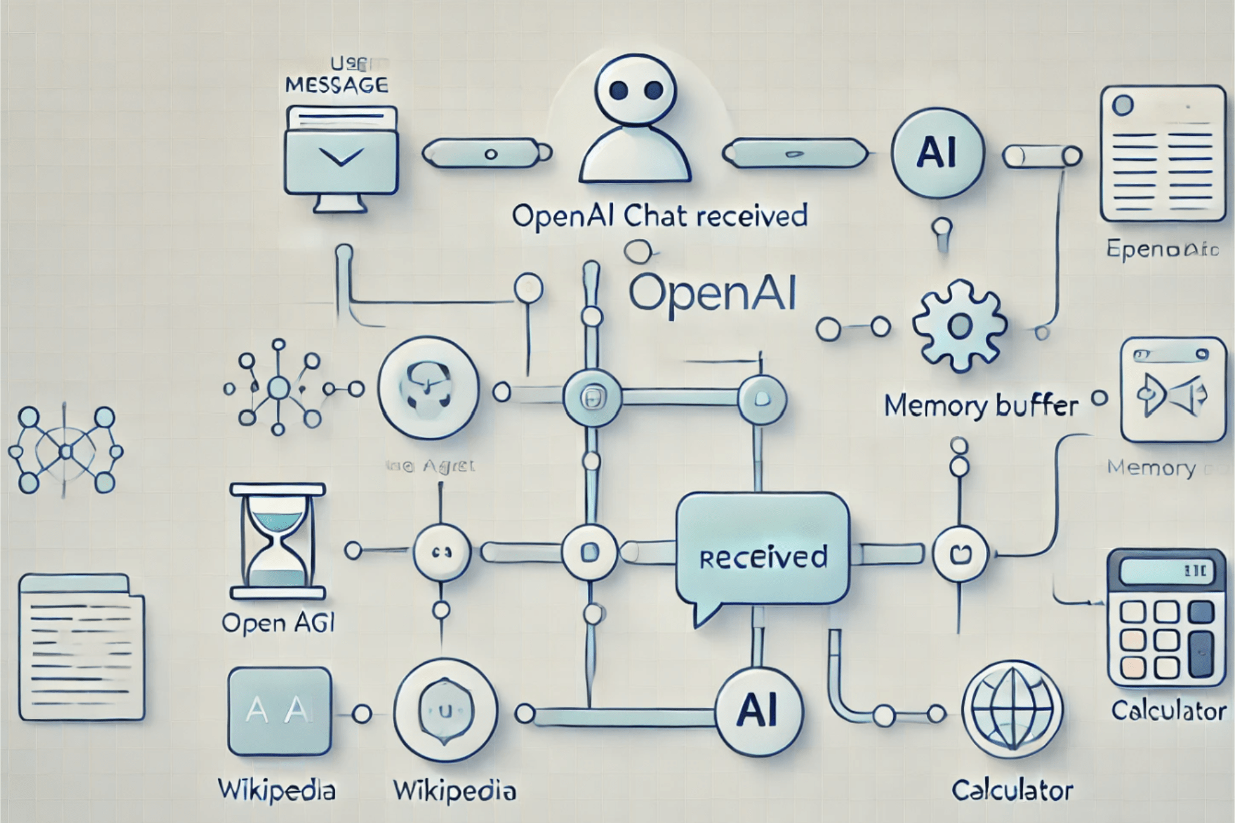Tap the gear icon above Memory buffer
pos(959,326)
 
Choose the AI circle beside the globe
pos(759,711)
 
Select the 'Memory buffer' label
pos(981,406)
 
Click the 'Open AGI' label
pos(278,623)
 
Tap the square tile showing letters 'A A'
pos(279,711)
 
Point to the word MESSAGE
pos(336,85)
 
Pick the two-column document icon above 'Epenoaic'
pos(1162,153)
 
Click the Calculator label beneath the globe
pos(1012,790)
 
